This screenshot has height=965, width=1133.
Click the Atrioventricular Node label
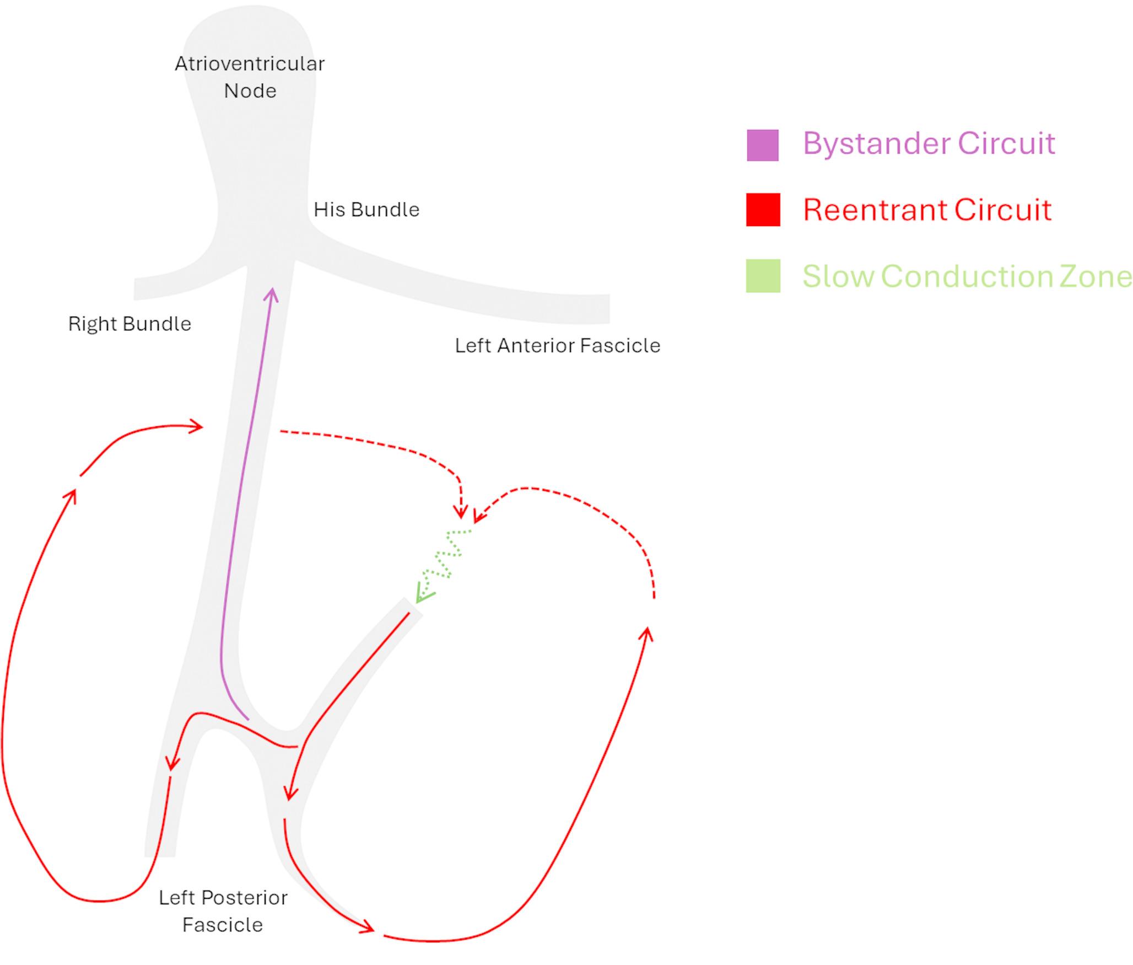(x=250, y=77)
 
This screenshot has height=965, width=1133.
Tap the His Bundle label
(x=366, y=210)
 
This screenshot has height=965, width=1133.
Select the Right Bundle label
(x=130, y=324)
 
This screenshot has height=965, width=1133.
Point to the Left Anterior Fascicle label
(x=557, y=346)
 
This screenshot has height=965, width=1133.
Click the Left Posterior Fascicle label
(x=223, y=911)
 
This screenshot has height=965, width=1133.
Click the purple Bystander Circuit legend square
(x=763, y=145)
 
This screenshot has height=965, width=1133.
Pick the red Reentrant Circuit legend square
(x=763, y=210)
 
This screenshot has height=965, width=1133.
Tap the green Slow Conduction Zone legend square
(x=763, y=276)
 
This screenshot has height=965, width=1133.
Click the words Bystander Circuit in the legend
(x=929, y=144)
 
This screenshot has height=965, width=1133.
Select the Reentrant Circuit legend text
(x=927, y=210)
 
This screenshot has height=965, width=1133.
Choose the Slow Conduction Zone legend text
(x=967, y=276)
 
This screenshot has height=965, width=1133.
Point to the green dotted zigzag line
(x=449, y=557)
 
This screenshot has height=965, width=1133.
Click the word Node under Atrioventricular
(x=250, y=91)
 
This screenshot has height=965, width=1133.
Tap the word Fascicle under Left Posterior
(x=223, y=925)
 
